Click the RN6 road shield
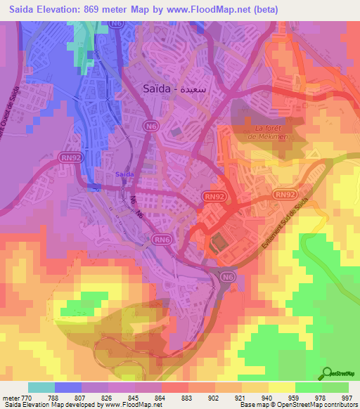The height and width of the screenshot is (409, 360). [163, 240]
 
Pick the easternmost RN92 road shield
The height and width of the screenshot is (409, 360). [284, 195]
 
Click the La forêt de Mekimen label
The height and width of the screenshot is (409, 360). [270, 133]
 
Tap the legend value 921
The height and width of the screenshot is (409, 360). [240, 397]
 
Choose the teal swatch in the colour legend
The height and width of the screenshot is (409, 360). [41, 387]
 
